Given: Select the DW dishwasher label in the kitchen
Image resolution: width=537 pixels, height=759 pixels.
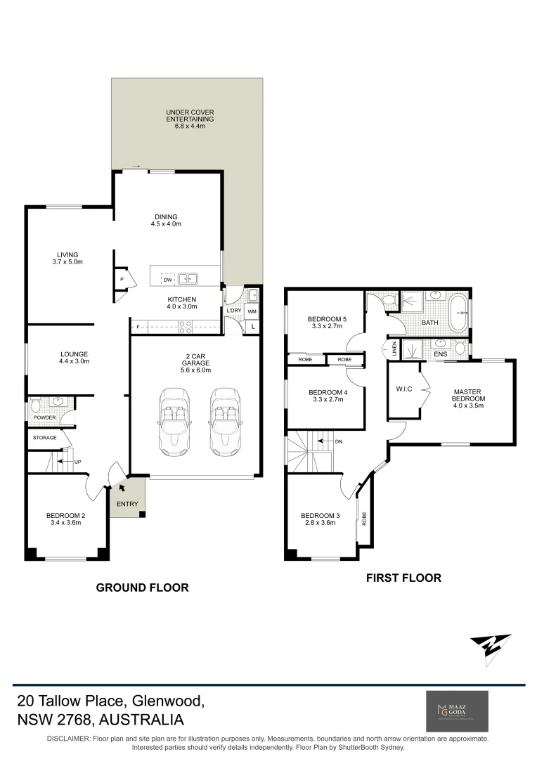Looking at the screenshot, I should [167, 280].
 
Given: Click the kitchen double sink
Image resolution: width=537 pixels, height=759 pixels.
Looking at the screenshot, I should [187, 279].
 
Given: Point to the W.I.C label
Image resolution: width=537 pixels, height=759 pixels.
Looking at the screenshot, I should [403, 389].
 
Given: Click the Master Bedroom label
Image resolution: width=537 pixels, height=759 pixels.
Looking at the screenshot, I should [467, 395].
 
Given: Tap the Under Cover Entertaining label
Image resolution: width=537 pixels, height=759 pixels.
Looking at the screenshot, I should [190, 116].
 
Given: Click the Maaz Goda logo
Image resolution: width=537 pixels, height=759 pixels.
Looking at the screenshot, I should [458, 711].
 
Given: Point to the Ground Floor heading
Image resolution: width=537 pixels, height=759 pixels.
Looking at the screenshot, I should [142, 588].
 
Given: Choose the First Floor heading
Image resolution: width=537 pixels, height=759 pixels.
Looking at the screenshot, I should [403, 578].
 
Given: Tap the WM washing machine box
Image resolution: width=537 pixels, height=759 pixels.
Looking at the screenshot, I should [252, 311].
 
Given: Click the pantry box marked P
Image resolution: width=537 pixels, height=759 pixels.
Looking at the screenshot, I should [122, 280].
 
